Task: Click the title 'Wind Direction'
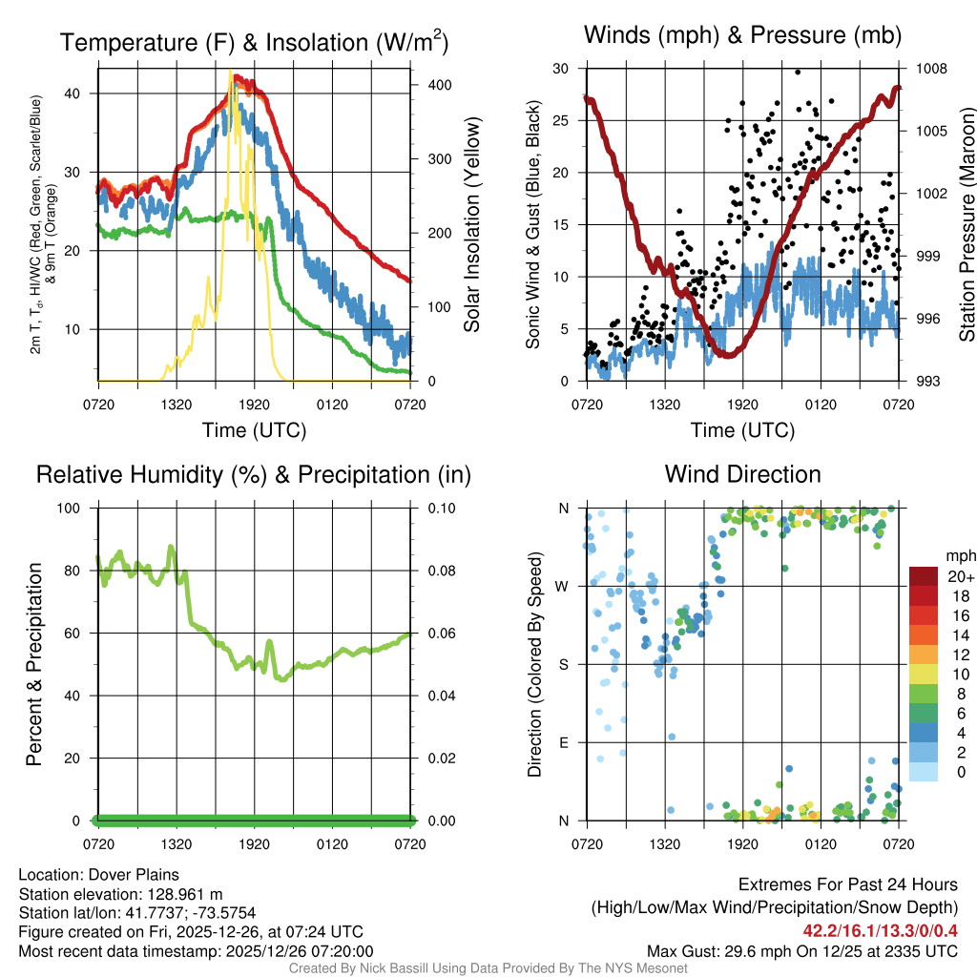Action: [x=742, y=474]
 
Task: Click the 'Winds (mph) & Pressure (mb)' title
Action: [x=742, y=35]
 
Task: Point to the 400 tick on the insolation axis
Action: [x=439, y=85]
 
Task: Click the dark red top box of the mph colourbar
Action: [x=923, y=576]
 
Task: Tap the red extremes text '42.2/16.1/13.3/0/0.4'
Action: [x=879, y=930]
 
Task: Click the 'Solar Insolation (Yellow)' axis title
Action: [x=471, y=224]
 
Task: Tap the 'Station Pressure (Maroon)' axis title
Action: [x=967, y=224]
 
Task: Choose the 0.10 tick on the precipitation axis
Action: [x=440, y=508]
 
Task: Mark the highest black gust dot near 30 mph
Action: [x=797, y=72]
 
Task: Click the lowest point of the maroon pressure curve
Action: [x=728, y=356]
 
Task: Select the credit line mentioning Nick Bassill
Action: [x=488, y=968]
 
